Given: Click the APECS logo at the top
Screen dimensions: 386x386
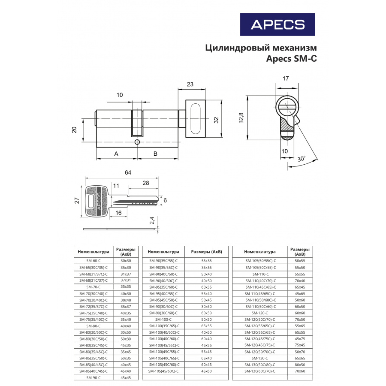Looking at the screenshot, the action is coord(277,24).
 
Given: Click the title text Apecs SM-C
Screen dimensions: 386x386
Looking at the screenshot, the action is coord(291,59).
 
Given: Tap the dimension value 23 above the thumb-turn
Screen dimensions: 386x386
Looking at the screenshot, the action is coord(190,84).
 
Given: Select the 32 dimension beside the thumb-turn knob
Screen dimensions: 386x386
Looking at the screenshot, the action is coord(216,120).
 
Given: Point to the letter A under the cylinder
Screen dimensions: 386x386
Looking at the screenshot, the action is coord(116,154).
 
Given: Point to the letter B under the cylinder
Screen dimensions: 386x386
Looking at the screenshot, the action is coord(155,154).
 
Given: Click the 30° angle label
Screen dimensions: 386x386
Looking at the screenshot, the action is coord(302,159).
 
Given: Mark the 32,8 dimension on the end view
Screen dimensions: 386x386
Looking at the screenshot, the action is coord(241,118).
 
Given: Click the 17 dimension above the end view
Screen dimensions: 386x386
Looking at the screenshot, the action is coord(286,78).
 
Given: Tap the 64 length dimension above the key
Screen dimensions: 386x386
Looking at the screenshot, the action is coord(128,172).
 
